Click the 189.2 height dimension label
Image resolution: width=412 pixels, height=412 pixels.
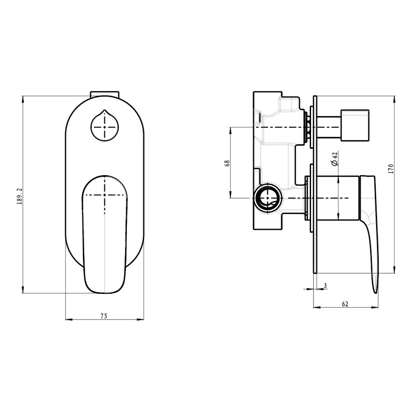[20, 196]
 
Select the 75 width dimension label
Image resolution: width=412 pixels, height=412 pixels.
[104, 316]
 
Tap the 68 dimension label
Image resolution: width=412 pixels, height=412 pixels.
[227, 163]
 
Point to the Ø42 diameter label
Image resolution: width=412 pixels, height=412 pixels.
[335, 159]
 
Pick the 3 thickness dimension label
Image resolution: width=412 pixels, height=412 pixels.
[325, 286]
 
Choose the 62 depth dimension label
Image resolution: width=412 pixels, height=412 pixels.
[345, 304]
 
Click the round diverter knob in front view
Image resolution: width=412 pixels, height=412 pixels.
[105, 126]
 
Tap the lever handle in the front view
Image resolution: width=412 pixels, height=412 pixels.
[105, 234]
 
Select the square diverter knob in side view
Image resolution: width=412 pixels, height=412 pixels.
[355, 126]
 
